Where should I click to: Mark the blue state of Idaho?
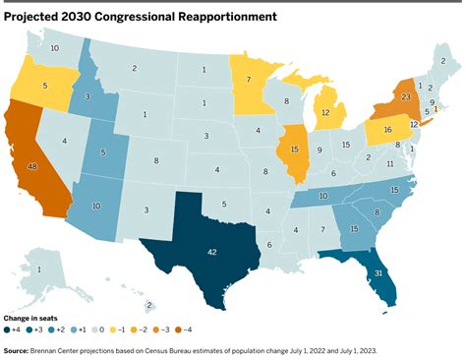(87, 97)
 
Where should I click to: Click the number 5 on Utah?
(103, 152)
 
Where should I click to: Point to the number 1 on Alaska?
(38, 270)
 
